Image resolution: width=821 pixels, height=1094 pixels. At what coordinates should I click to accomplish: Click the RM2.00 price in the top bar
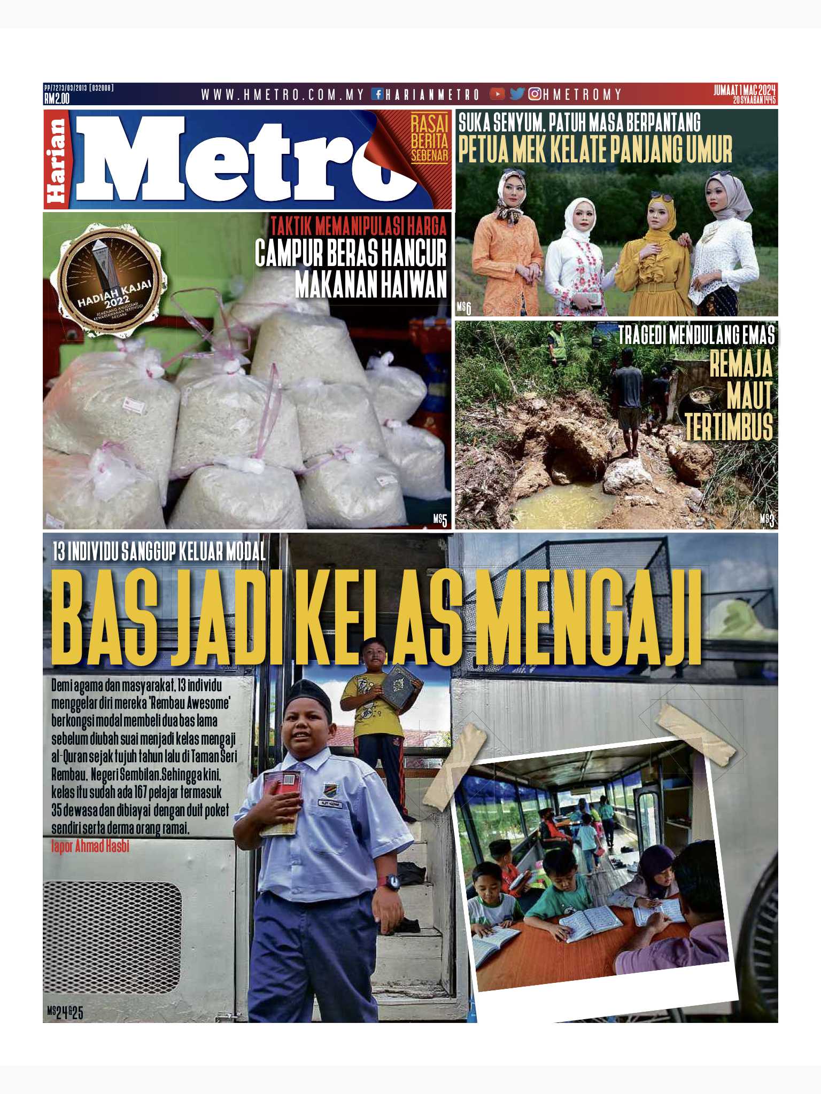(x=57, y=99)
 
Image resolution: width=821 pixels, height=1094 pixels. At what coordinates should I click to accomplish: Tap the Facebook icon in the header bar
(x=377, y=95)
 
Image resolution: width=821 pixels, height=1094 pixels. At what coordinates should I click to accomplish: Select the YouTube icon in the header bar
(x=497, y=94)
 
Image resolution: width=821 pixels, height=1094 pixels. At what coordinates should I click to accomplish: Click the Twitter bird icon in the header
(x=516, y=94)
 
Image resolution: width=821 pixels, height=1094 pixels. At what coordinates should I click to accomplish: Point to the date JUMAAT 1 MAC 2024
(x=744, y=90)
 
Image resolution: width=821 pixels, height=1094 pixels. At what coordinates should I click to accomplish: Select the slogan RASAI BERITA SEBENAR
(x=429, y=140)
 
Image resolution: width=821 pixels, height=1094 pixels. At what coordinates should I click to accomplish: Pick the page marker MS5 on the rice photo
(x=440, y=519)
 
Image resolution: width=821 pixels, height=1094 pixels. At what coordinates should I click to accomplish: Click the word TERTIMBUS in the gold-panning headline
(x=729, y=427)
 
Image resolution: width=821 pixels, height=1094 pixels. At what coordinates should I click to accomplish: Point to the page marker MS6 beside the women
(x=464, y=308)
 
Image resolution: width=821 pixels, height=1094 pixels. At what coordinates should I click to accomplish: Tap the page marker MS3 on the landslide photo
(x=767, y=520)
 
